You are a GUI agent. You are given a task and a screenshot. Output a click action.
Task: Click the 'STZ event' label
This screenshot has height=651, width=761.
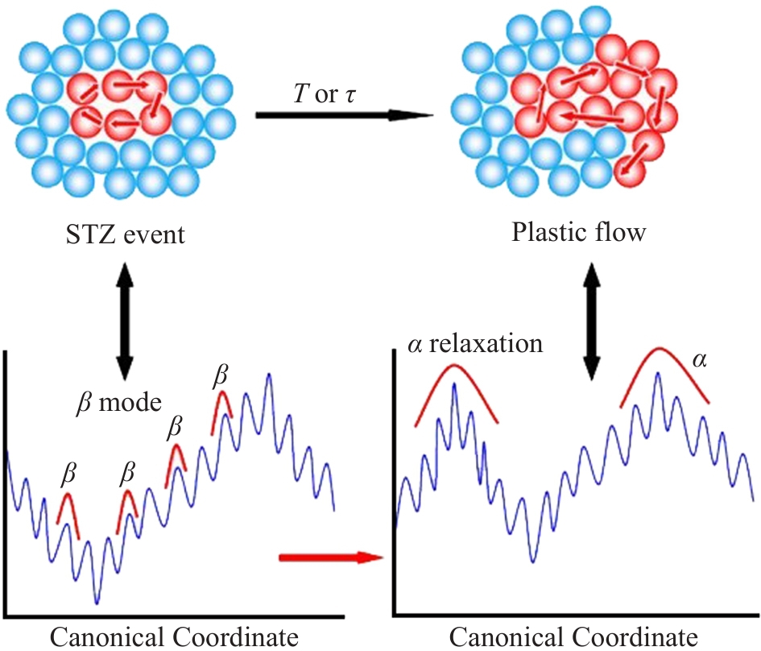[x=125, y=235]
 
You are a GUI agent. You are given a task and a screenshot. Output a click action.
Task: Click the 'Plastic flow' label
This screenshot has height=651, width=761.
[x=578, y=232]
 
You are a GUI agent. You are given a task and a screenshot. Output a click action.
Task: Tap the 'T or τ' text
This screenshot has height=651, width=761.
[x=325, y=93]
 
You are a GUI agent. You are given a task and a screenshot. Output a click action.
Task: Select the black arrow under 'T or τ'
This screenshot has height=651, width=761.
[x=344, y=115]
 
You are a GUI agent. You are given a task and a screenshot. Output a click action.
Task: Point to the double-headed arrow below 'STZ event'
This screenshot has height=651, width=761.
[x=125, y=321]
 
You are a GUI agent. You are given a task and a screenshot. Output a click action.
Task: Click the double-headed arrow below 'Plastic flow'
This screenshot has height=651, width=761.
[x=592, y=321]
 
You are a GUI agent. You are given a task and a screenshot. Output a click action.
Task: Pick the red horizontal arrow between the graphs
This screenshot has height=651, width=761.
[x=332, y=558]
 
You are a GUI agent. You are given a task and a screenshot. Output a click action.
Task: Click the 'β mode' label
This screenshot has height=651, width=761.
[x=119, y=403]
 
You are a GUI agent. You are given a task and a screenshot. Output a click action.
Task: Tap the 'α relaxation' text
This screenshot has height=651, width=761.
[x=475, y=344]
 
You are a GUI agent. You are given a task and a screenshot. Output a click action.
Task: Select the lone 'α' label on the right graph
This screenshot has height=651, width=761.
[x=699, y=359]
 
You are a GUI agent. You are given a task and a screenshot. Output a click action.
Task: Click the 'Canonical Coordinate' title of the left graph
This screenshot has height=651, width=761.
[x=174, y=637]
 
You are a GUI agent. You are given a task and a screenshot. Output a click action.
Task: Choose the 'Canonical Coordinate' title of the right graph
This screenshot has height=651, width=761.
[x=573, y=637]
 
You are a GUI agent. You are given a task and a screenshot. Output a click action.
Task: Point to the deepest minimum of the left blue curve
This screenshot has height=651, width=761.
[x=97, y=603]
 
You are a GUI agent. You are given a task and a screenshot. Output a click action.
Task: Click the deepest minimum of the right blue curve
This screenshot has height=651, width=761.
[x=533, y=562]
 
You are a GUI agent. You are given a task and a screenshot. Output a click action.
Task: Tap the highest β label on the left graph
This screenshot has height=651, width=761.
[x=221, y=375]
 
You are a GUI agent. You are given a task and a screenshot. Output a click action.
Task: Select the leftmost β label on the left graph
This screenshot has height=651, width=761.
[x=69, y=474]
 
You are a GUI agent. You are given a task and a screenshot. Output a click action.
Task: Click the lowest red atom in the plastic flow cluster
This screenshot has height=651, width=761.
[x=630, y=172]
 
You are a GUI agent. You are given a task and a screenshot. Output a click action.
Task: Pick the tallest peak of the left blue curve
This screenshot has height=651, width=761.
[x=268, y=375]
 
